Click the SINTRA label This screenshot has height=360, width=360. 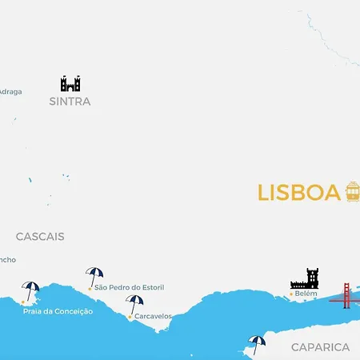pyautogui.click(x=70, y=102)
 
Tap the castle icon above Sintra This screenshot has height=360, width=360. pyautogui.click(x=70, y=83)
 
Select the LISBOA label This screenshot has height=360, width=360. pyautogui.click(x=298, y=194)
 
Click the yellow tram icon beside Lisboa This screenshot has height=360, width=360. pyautogui.click(x=352, y=191)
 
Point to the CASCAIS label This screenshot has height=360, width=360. pyautogui.click(x=40, y=237)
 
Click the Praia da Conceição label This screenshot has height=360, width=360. pyautogui.click(x=58, y=311)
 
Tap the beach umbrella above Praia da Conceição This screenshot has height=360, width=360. pyautogui.click(x=30, y=290)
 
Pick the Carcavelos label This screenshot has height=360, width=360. pyautogui.click(x=153, y=316)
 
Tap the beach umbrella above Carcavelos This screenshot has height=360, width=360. pyautogui.click(x=134, y=304)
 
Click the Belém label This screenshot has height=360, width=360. pyautogui.click(x=306, y=294)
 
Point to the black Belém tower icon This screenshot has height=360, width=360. pyautogui.click(x=305, y=278)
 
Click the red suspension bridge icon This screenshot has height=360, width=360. pyautogui.click(x=345, y=295)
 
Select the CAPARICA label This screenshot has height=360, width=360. pyautogui.click(x=320, y=347)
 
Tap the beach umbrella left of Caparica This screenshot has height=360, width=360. pyautogui.click(x=256, y=344)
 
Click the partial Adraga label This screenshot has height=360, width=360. pyautogui.click(x=10, y=91)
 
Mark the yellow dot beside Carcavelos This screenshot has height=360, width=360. pyautogui.click(x=130, y=317)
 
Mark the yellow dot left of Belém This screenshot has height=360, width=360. pyautogui.click(x=290, y=294)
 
